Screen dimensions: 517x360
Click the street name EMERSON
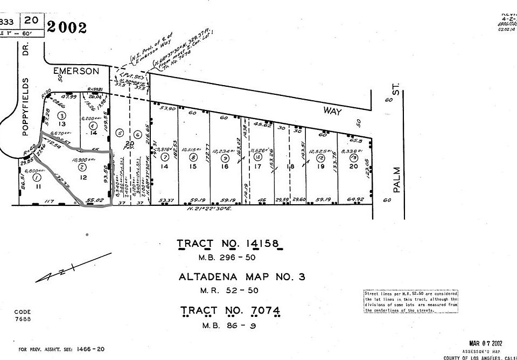[76, 71]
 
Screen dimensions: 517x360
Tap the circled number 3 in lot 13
[62, 115]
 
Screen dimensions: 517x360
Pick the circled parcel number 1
[36, 177]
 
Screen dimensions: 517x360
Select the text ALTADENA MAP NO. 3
[242, 278]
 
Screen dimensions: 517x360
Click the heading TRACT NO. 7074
[230, 311]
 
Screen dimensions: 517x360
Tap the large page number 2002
[67, 27]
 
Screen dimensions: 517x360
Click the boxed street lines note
[410, 301]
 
